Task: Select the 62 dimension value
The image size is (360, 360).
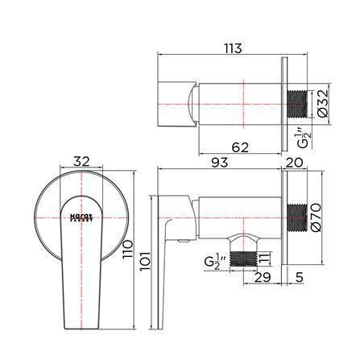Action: click(239, 147)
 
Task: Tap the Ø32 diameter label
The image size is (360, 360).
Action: click(321, 103)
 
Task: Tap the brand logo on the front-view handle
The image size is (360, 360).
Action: click(79, 217)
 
